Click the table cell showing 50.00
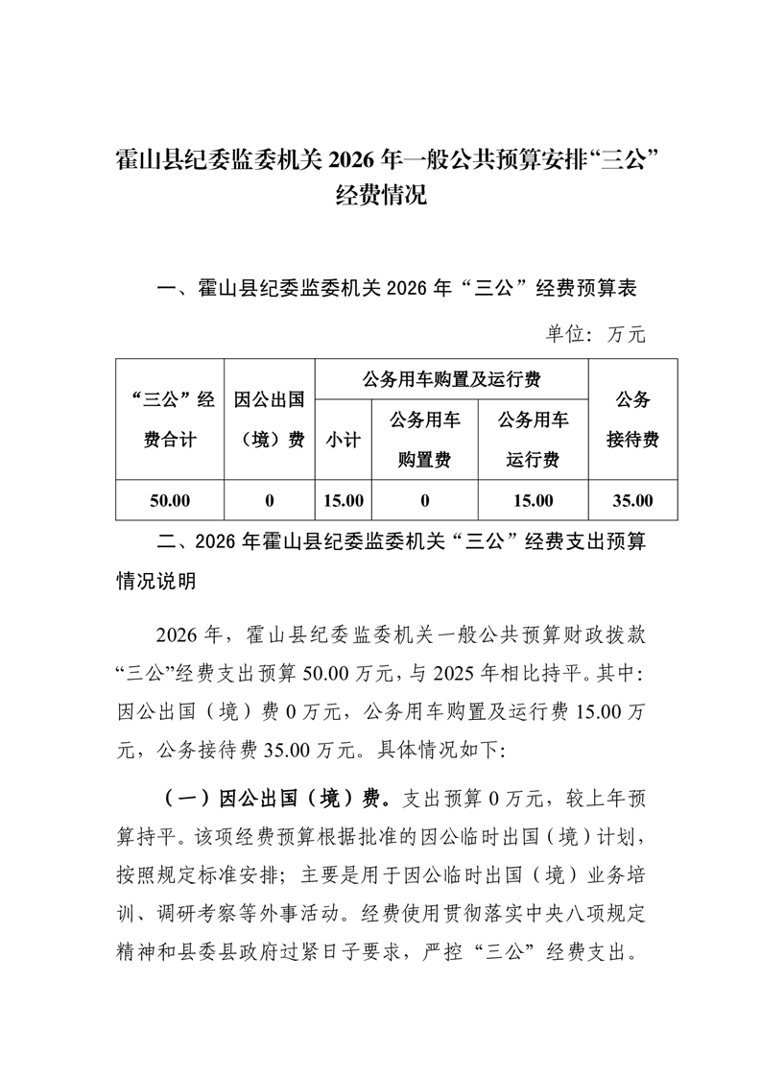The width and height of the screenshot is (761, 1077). click(x=170, y=500)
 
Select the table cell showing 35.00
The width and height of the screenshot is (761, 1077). click(x=632, y=500)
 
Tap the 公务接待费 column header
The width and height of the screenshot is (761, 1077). click(x=632, y=419)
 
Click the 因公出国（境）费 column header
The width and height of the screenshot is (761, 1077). click(x=270, y=419)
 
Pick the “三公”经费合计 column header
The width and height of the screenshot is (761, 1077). click(x=170, y=419)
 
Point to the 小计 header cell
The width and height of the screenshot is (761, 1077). click(x=343, y=440)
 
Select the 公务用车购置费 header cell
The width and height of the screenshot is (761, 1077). click(x=424, y=440)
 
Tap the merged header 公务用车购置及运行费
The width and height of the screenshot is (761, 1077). click(x=451, y=379)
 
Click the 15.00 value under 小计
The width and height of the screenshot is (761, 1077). click(x=343, y=500)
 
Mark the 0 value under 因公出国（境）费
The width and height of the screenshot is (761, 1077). click(x=270, y=500)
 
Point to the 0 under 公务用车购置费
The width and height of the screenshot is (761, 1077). click(x=424, y=500)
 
